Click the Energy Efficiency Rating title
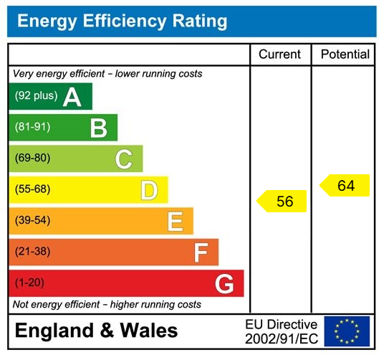(x=122, y=22)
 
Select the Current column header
(x=279, y=55)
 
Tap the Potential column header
(x=345, y=55)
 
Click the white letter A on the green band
(x=72, y=97)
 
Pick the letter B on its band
(x=98, y=128)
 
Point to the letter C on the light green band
(x=123, y=159)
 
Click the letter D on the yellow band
(x=149, y=190)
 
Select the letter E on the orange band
(x=175, y=222)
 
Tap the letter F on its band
(x=201, y=252)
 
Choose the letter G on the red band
(x=224, y=284)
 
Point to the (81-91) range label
(x=33, y=128)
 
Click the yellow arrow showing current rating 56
(x=282, y=202)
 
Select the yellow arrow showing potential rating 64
(x=345, y=186)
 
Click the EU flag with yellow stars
(x=347, y=331)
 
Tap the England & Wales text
(x=96, y=331)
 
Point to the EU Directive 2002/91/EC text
(x=281, y=331)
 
